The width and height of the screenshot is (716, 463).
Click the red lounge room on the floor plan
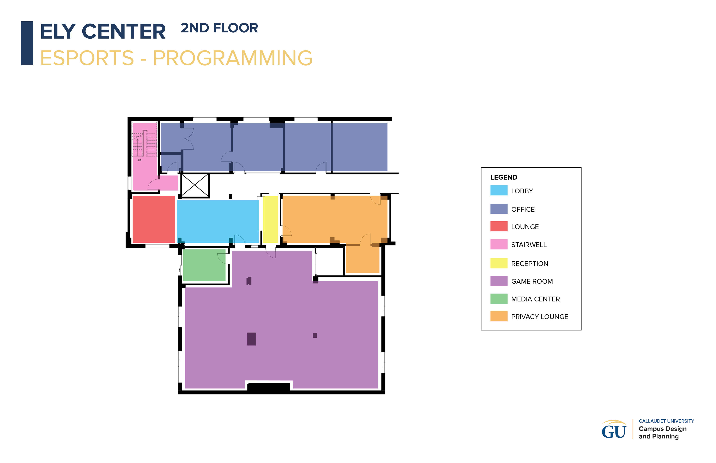click(154, 219)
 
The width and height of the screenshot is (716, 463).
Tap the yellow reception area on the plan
click(270, 219)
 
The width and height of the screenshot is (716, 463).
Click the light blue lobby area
click(217, 221)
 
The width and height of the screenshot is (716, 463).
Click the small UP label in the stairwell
click(140, 160)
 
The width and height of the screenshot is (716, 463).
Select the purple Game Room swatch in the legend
click(498, 281)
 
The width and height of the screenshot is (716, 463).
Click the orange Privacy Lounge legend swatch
click(498, 316)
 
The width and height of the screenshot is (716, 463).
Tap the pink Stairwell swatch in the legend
click(498, 244)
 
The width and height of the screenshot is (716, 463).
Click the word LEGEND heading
click(504, 177)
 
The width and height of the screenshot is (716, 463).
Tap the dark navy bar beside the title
click(27, 43)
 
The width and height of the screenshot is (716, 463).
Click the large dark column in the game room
click(252, 339)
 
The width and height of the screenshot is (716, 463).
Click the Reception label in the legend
click(530, 264)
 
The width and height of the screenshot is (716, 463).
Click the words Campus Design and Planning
click(662, 432)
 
